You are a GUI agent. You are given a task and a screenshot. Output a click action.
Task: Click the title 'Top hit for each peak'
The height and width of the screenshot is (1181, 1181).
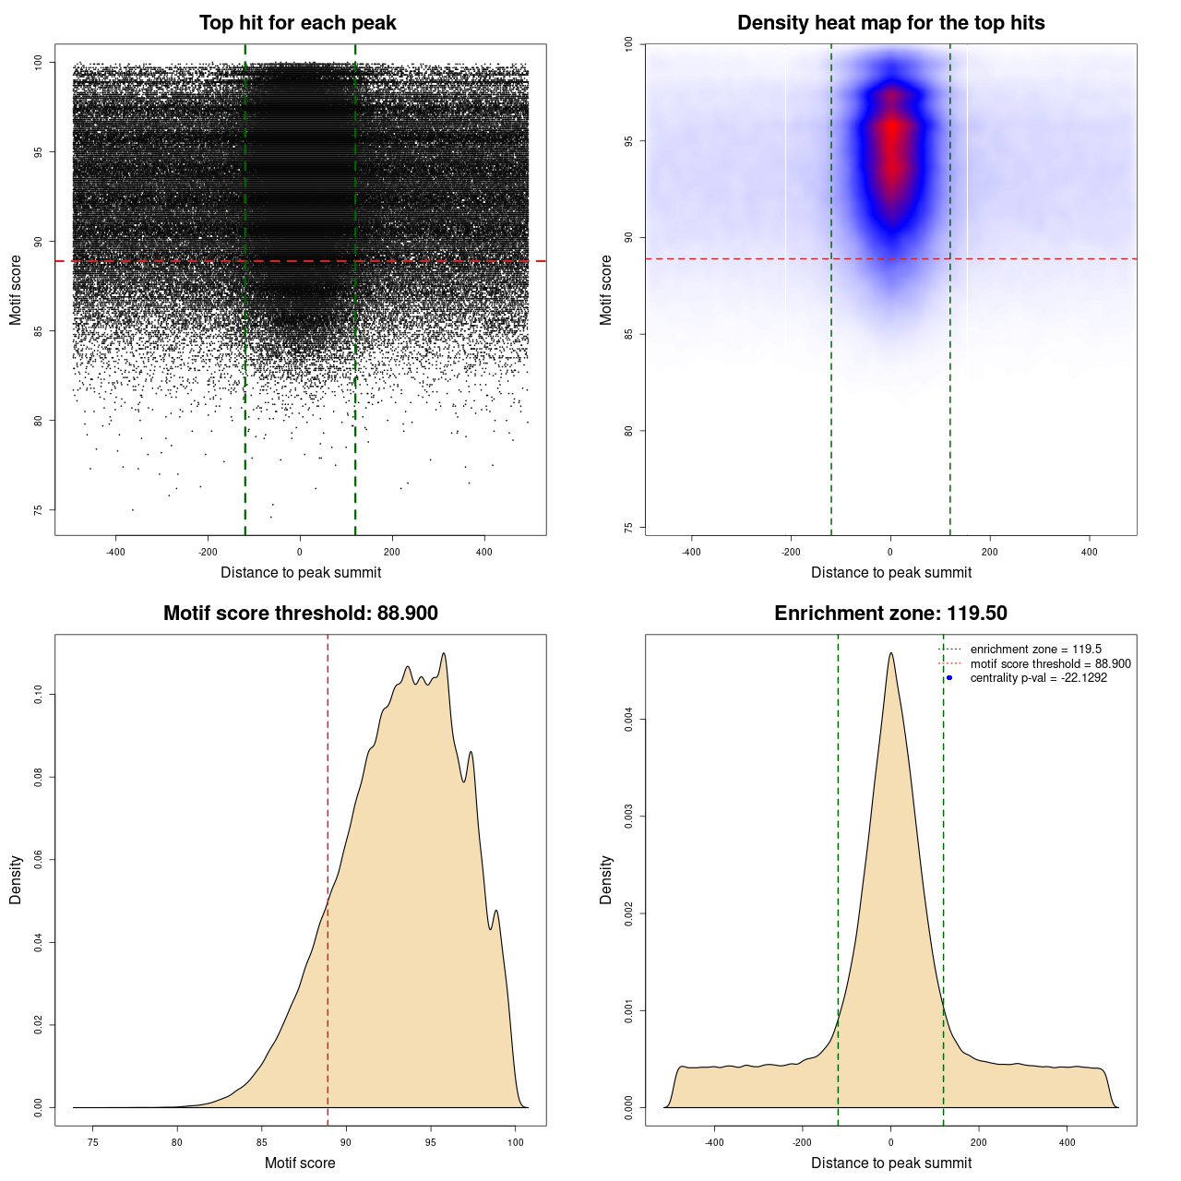click(297, 23)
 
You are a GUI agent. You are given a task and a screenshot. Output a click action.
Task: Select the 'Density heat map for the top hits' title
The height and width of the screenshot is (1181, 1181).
click(890, 23)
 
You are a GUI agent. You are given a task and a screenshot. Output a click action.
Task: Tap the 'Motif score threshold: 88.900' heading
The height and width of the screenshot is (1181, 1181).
click(300, 614)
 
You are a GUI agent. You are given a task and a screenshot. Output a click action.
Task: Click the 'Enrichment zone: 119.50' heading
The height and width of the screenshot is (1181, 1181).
click(890, 614)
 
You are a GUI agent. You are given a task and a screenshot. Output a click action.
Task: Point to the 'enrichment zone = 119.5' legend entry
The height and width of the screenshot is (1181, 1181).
click(1035, 650)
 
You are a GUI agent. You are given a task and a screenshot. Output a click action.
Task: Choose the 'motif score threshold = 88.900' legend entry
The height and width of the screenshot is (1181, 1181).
click(1050, 664)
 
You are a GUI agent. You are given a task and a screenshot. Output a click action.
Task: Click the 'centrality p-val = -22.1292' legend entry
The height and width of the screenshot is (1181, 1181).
click(1038, 678)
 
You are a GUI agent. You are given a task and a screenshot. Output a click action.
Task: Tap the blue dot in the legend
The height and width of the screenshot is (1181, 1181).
click(949, 678)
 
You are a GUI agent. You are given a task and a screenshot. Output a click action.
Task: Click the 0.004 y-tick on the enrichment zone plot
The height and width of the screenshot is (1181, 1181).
click(629, 720)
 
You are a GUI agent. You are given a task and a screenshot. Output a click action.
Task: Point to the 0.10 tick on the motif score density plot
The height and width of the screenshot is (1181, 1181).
click(39, 695)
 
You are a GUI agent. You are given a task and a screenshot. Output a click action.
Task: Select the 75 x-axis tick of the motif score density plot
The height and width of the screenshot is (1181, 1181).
click(92, 1142)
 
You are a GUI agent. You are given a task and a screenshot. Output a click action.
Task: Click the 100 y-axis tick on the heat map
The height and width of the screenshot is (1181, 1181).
click(629, 43)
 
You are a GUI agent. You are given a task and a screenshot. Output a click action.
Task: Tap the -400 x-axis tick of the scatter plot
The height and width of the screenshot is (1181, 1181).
click(115, 552)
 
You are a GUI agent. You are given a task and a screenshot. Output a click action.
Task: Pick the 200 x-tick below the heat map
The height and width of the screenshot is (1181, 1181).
click(990, 552)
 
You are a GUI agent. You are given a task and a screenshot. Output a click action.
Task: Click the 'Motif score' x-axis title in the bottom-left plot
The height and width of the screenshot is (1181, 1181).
click(300, 1163)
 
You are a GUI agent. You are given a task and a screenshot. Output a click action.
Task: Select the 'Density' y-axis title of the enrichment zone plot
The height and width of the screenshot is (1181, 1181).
click(606, 879)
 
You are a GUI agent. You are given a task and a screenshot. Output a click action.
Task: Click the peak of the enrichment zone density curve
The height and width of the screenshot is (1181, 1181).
click(890, 653)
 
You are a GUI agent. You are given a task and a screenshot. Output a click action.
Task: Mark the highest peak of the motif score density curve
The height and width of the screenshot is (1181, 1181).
click(445, 653)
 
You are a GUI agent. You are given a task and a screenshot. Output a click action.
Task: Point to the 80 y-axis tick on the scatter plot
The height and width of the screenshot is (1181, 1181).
click(39, 421)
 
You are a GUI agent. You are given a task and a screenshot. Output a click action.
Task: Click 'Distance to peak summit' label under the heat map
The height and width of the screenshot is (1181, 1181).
click(890, 572)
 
